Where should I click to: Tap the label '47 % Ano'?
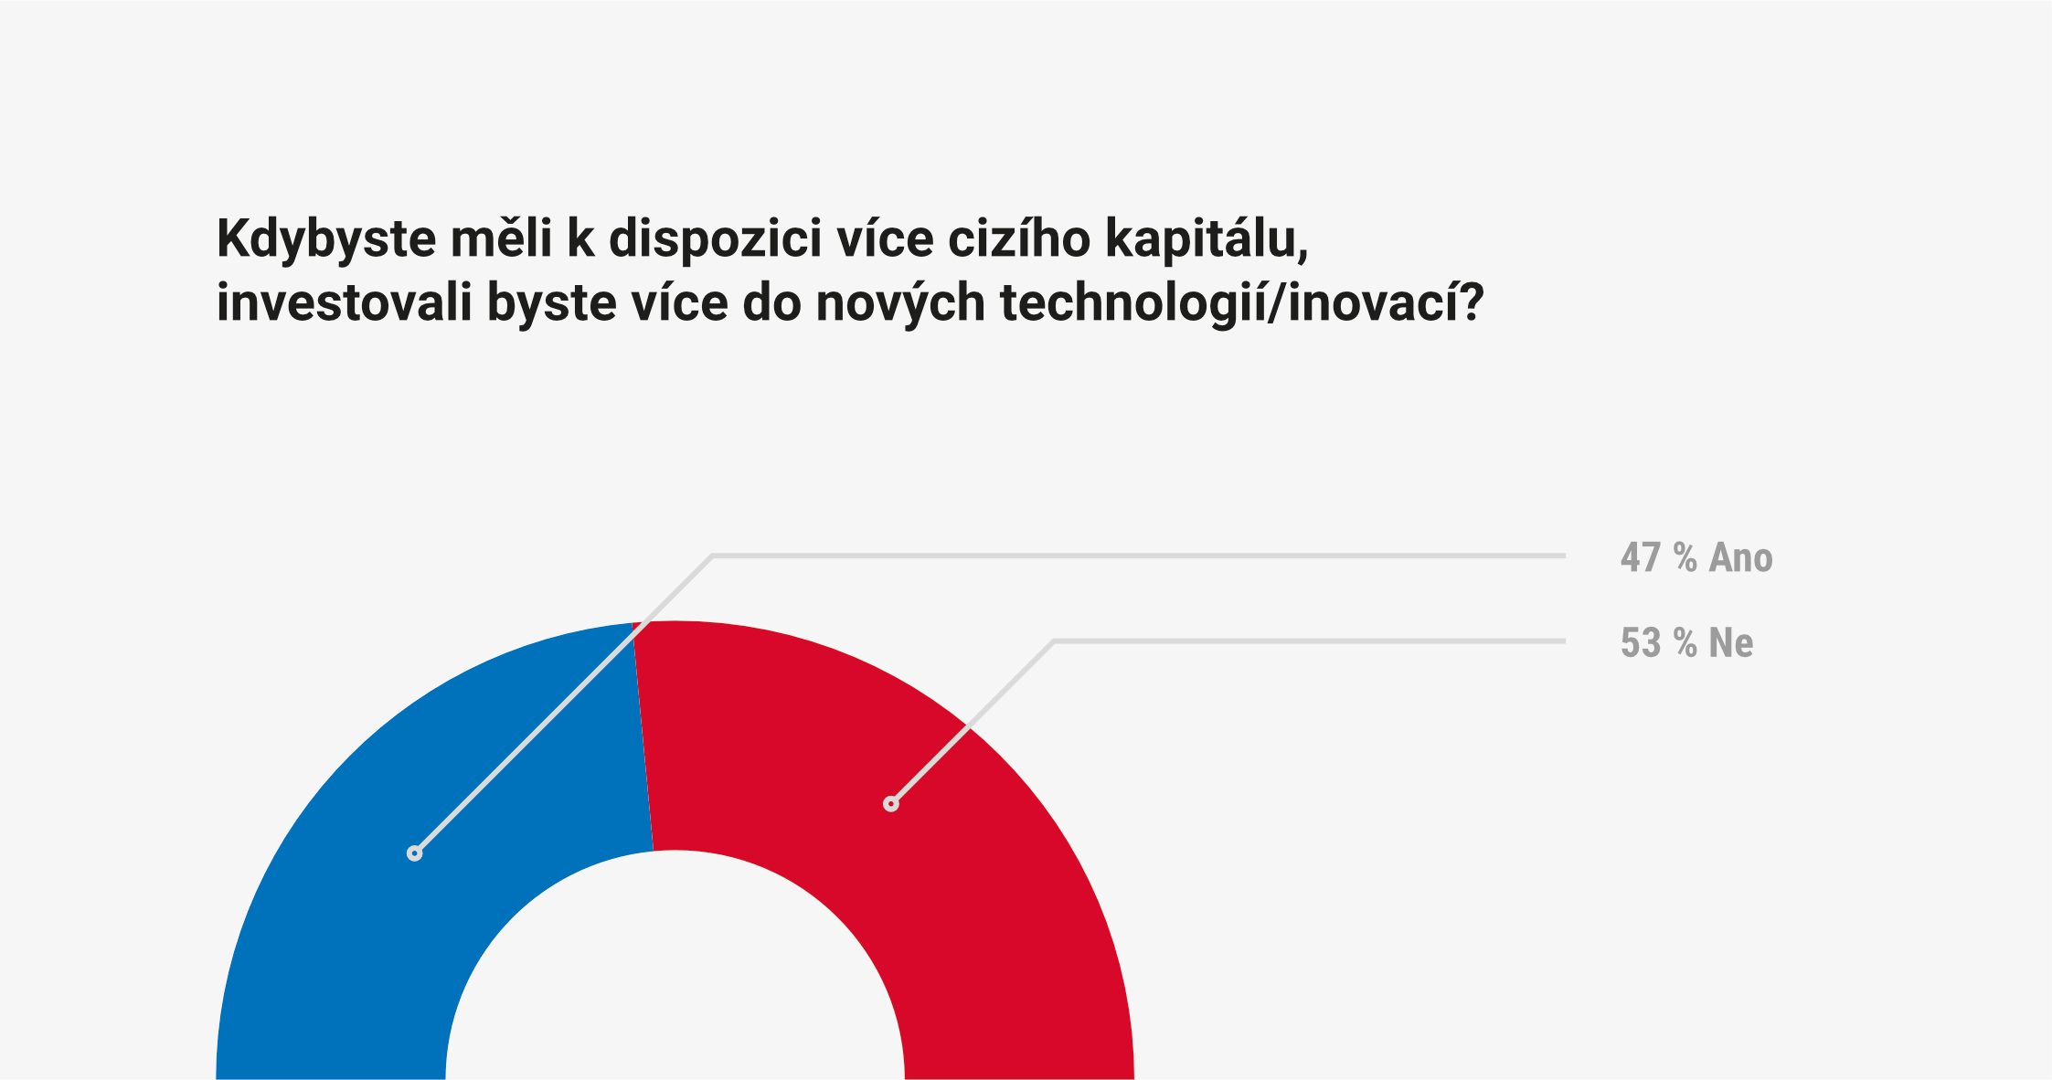tap(1696, 557)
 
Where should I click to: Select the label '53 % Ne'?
tap(1686, 643)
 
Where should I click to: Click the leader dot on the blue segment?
tap(415, 853)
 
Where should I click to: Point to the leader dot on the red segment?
tap(891, 804)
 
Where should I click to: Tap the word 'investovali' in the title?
tap(345, 302)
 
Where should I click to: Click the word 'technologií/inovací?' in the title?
tap(1242, 304)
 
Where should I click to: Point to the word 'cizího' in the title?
tap(1019, 238)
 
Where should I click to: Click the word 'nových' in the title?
tap(901, 304)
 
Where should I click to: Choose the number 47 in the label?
tap(1641, 557)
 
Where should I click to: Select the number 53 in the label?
tap(1641, 643)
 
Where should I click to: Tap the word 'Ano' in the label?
tap(1741, 557)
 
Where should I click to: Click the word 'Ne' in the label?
tap(1731, 643)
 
